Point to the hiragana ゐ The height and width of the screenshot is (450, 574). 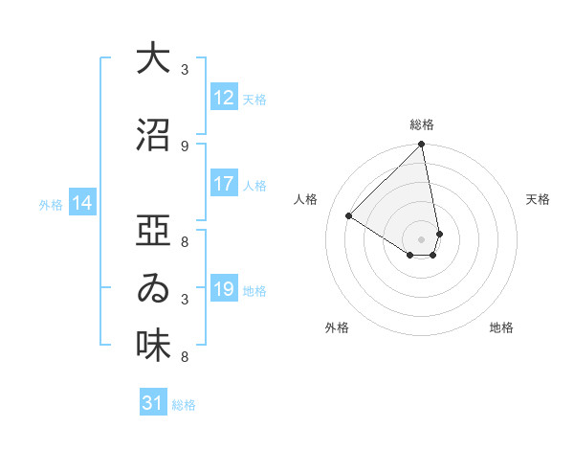coord(152,288)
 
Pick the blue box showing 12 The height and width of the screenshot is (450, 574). coord(224,98)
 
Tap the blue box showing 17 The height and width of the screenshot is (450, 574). coord(224,184)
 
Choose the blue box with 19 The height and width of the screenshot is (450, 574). coord(224,289)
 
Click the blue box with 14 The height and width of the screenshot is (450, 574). coord(82,203)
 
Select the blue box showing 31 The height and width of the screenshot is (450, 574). coord(153,404)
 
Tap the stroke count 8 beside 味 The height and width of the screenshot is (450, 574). coord(185,357)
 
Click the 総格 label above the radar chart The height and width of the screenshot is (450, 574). coord(422,124)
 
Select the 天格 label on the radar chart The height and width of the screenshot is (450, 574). coord(538,199)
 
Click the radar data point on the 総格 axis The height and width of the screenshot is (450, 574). coord(422,146)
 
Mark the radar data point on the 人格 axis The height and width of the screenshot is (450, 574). coord(349,215)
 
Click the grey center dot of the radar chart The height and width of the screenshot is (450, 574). coord(422,238)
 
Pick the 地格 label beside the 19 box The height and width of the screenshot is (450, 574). coord(255,290)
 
